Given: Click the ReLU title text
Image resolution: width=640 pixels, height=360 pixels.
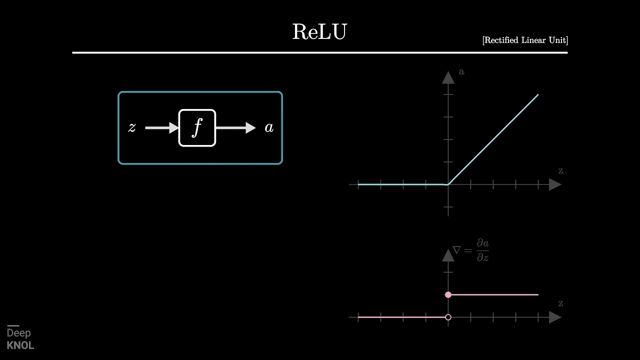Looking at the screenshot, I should pyautogui.click(x=319, y=31).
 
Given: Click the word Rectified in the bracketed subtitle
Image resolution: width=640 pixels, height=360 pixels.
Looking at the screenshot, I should pyautogui.click(x=501, y=40).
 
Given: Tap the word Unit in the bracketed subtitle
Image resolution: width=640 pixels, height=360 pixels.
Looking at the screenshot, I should pyautogui.click(x=558, y=40).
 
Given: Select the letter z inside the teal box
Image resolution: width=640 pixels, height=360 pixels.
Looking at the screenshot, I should pyautogui.click(x=132, y=128).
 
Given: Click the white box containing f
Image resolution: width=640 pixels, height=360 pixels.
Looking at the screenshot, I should pyautogui.click(x=197, y=128).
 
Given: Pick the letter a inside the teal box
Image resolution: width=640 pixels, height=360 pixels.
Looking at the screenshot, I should pyautogui.click(x=269, y=128).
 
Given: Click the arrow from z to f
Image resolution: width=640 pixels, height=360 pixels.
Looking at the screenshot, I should pyautogui.click(x=161, y=128).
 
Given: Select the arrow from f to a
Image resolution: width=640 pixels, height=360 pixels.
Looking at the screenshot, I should pyautogui.click(x=235, y=128).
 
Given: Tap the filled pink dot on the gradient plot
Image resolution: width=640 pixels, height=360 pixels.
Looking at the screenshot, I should pyautogui.click(x=448, y=294).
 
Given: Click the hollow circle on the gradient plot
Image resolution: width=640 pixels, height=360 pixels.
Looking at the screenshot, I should pyautogui.click(x=448, y=317).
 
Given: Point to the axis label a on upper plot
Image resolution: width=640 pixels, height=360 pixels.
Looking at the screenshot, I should pyautogui.click(x=461, y=72).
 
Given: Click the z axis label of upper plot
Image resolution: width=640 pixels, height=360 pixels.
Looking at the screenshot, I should pyautogui.click(x=560, y=171).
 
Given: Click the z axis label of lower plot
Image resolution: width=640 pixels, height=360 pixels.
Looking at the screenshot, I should pyautogui.click(x=560, y=303).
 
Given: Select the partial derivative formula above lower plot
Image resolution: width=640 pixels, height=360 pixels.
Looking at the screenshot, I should pyautogui.click(x=471, y=250).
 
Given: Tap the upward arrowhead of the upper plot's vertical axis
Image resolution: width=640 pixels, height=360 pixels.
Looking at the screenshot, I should pyautogui.click(x=448, y=77).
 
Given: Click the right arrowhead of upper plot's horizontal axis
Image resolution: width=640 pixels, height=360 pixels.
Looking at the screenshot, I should pyautogui.click(x=555, y=184).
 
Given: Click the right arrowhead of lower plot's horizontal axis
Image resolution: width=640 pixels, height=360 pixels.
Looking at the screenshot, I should pyautogui.click(x=555, y=317).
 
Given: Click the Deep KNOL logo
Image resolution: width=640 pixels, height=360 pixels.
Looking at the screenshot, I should pyautogui.click(x=20, y=338).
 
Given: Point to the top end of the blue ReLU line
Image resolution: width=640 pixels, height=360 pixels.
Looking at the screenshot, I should pyautogui.click(x=538, y=94).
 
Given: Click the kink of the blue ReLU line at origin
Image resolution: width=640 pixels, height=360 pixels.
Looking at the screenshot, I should pyautogui.click(x=448, y=184).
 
